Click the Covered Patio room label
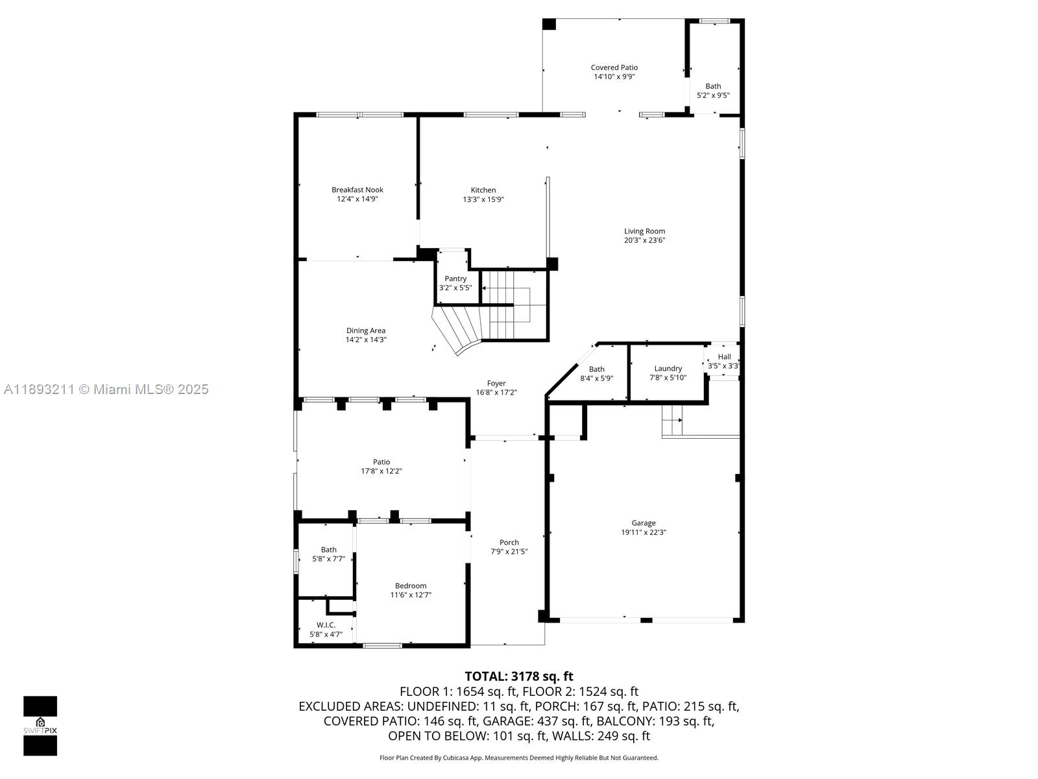click(614, 68)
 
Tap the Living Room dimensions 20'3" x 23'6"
click(644, 240)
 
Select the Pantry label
click(455, 278)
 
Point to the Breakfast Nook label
click(357, 190)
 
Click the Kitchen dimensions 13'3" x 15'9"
click(483, 200)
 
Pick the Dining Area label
click(366, 330)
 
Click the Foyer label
click(496, 383)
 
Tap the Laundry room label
click(668, 368)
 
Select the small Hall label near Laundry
click(724, 356)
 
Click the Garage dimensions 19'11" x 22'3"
click(644, 532)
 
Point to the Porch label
click(509, 542)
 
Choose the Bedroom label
click(411, 586)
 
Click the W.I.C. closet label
click(326, 624)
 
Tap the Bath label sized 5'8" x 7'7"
click(328, 550)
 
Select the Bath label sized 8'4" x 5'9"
click(596, 369)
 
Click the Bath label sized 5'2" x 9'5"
click(713, 86)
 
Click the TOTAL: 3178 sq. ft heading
click(518, 676)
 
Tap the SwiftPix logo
click(40, 726)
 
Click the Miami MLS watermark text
click(106, 389)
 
